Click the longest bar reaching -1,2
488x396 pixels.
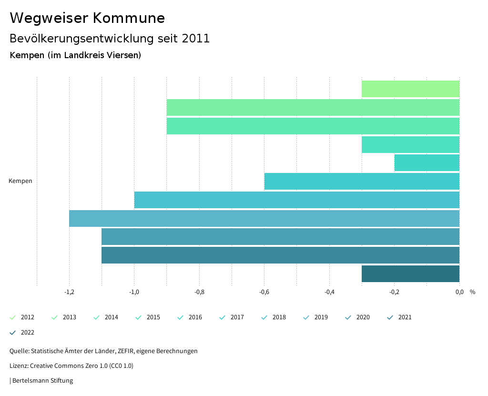264,218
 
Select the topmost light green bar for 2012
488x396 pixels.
410,89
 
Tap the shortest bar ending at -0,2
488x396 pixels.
427,163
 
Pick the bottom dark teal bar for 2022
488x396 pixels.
410,274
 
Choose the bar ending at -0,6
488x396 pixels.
362,182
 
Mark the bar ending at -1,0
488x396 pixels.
296,200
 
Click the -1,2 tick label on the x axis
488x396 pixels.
69,292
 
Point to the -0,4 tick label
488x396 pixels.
329,292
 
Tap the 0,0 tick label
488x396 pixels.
459,292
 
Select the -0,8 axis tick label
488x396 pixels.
199,292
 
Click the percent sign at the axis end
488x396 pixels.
472,292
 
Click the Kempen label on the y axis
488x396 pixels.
20,181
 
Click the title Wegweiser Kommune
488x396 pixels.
87,18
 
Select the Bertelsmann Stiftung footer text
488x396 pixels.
42,381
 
